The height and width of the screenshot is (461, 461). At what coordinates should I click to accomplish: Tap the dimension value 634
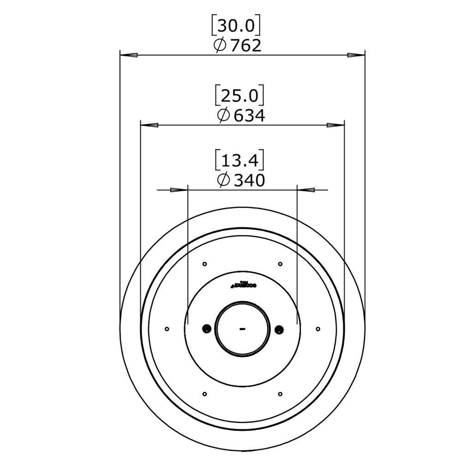(249, 115)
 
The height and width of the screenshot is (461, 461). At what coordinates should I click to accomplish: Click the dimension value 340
(249, 180)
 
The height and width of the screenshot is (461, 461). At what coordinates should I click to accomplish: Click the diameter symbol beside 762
(220, 45)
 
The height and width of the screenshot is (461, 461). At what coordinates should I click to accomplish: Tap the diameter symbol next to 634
(223, 115)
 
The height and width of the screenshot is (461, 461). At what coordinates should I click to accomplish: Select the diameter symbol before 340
(223, 180)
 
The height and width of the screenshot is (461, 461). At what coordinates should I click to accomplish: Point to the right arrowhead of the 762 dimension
(356, 55)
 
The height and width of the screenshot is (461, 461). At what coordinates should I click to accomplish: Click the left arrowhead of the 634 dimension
(149, 125)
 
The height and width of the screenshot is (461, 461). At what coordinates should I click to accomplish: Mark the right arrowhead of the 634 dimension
(335, 125)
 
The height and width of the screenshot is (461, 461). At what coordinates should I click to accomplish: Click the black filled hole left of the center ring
(206, 329)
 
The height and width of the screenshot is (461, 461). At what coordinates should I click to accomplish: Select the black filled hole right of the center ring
(279, 329)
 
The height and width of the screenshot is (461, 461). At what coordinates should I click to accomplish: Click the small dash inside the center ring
(242, 329)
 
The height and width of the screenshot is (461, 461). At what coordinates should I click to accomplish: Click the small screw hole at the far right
(318, 329)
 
